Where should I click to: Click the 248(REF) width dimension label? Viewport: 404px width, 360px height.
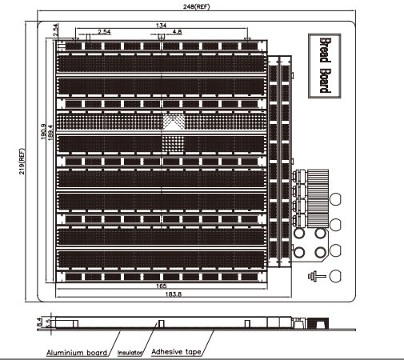point(196,6)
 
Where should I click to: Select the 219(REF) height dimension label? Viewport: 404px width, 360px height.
point(22,162)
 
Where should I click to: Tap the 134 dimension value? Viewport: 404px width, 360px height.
point(161,26)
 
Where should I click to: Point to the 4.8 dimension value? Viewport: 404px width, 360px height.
point(177,32)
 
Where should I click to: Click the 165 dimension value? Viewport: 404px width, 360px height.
point(161,286)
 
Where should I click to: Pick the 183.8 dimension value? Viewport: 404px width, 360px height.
point(174,294)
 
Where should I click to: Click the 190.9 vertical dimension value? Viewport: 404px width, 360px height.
point(43,131)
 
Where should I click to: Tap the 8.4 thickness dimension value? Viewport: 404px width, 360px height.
point(40,322)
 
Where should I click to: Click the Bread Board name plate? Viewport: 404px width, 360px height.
point(325,66)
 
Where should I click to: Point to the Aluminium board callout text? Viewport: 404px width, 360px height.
point(77,353)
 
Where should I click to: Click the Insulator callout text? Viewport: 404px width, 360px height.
point(130,353)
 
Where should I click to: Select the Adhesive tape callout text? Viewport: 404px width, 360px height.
point(176,352)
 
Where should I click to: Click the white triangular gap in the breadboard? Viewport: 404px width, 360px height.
point(173,126)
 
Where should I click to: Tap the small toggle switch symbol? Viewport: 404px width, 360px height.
point(316,276)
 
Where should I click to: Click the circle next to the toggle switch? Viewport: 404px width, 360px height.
point(335,276)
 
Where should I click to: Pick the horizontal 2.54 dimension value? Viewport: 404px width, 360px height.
point(104,32)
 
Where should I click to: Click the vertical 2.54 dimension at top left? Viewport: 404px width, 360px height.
point(55,30)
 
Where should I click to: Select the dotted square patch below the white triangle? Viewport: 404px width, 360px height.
point(173,144)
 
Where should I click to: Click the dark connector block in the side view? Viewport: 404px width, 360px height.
point(318,323)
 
